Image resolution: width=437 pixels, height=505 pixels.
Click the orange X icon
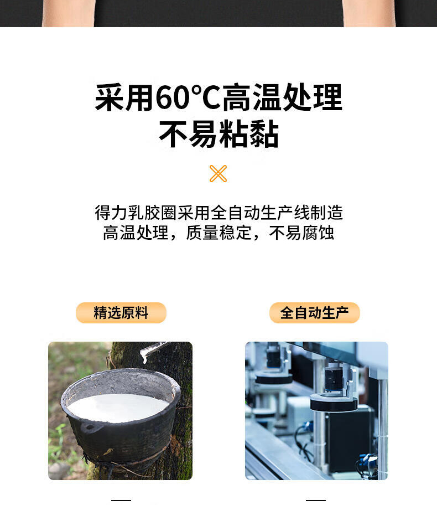pyautogui.click(x=218, y=174)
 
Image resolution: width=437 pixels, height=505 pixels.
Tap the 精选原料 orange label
pyautogui.click(x=121, y=313)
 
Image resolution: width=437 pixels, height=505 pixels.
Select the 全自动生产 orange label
pyautogui.click(x=314, y=313)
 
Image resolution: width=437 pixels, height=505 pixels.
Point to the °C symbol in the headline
pyautogui.click(x=206, y=96)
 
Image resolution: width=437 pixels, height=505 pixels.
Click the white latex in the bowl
pyautogui.click(x=117, y=407)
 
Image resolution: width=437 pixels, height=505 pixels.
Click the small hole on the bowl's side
pyautogui.click(x=89, y=428)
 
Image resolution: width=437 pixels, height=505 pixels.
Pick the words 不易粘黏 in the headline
pyautogui.click(x=219, y=133)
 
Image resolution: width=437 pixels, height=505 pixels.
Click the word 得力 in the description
pyautogui.click(x=111, y=213)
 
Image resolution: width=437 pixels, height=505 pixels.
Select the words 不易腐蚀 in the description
pyautogui.click(x=301, y=233)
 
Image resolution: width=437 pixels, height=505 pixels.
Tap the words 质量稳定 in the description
pyautogui.click(x=219, y=233)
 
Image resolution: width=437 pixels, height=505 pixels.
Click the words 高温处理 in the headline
pyautogui.click(x=282, y=97)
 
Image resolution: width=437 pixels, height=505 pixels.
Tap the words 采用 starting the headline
pyautogui.click(x=124, y=97)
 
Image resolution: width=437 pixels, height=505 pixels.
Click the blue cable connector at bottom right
pyautogui.click(x=368, y=457)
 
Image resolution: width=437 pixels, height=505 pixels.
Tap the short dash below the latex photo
pyautogui.click(x=121, y=500)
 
